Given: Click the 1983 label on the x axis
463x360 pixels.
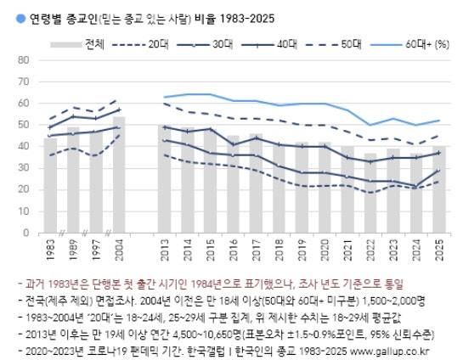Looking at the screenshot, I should point(51,250).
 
